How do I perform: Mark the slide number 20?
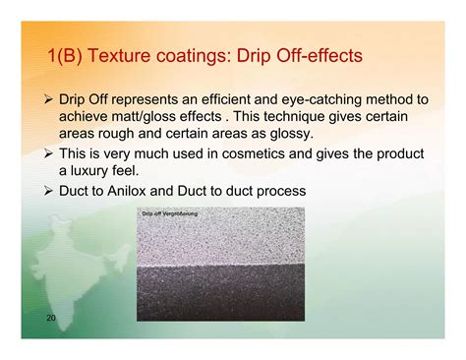click(x=51, y=320)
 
